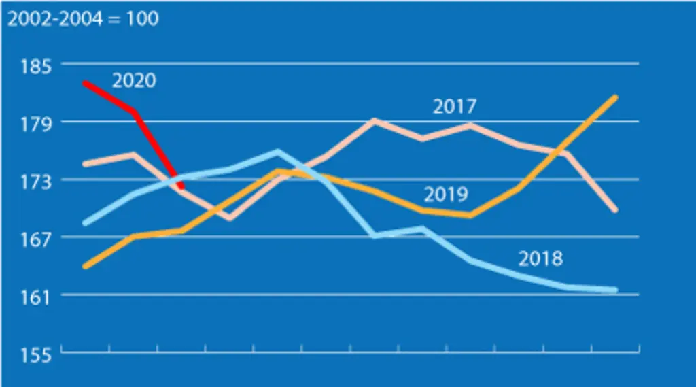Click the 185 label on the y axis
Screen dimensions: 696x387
[x=36, y=66]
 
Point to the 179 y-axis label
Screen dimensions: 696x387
[x=36, y=124]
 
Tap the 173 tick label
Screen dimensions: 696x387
[x=36, y=182]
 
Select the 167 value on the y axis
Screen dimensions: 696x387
[x=36, y=239]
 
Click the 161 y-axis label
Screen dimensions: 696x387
[x=36, y=297]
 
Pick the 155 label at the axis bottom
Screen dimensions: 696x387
[x=36, y=355]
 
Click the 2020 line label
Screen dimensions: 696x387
[x=134, y=80]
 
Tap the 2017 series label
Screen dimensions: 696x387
[x=455, y=106]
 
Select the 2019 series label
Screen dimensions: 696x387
[x=446, y=194]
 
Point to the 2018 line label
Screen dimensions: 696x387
[x=540, y=258]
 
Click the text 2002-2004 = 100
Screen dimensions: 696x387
[x=83, y=18]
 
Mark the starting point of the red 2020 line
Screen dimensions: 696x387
[x=84, y=83]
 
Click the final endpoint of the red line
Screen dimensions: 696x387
[x=181, y=186]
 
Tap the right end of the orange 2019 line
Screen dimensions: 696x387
[x=615, y=97]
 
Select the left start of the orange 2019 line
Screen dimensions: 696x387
[x=85, y=267]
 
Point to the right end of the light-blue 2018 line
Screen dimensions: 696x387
[x=615, y=290]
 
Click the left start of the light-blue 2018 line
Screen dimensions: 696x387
[x=85, y=224]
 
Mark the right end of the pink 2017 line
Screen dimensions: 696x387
[x=615, y=210]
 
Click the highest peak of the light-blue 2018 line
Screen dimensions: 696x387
[x=278, y=152]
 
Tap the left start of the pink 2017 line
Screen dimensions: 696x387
[x=85, y=165]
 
